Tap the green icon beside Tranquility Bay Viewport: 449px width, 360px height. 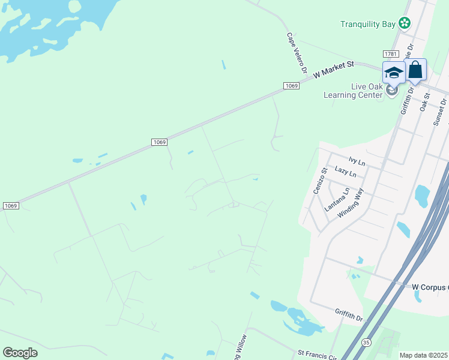tap(406, 23)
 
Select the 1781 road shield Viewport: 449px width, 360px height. tap(391, 54)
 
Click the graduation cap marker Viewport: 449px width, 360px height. tap(394, 73)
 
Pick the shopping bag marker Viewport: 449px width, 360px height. tap(415, 70)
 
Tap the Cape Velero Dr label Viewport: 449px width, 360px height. tap(297, 52)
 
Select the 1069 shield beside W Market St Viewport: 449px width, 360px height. tap(291, 86)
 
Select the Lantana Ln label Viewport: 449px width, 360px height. tap(337, 200)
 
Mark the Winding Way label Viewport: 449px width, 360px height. tap(351, 203)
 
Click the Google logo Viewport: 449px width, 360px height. tap(20, 353)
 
